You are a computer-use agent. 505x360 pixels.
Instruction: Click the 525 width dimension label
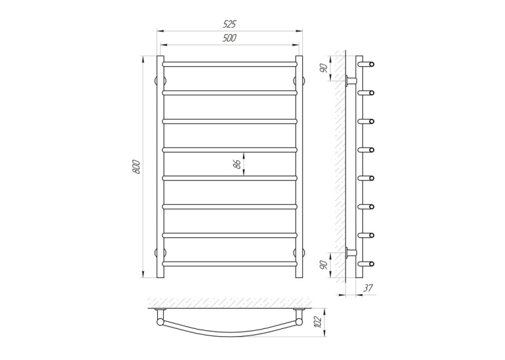(x=230, y=24)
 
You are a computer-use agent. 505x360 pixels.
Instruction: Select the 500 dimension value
(x=229, y=38)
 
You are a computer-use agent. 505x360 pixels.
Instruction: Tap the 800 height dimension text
(x=136, y=166)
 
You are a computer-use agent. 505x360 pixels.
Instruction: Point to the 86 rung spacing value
(x=238, y=164)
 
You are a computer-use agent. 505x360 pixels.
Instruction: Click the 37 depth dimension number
(x=368, y=288)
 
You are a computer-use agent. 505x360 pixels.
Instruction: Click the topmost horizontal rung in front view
(x=230, y=64)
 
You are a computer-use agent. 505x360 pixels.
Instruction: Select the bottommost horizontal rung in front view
(x=230, y=264)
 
